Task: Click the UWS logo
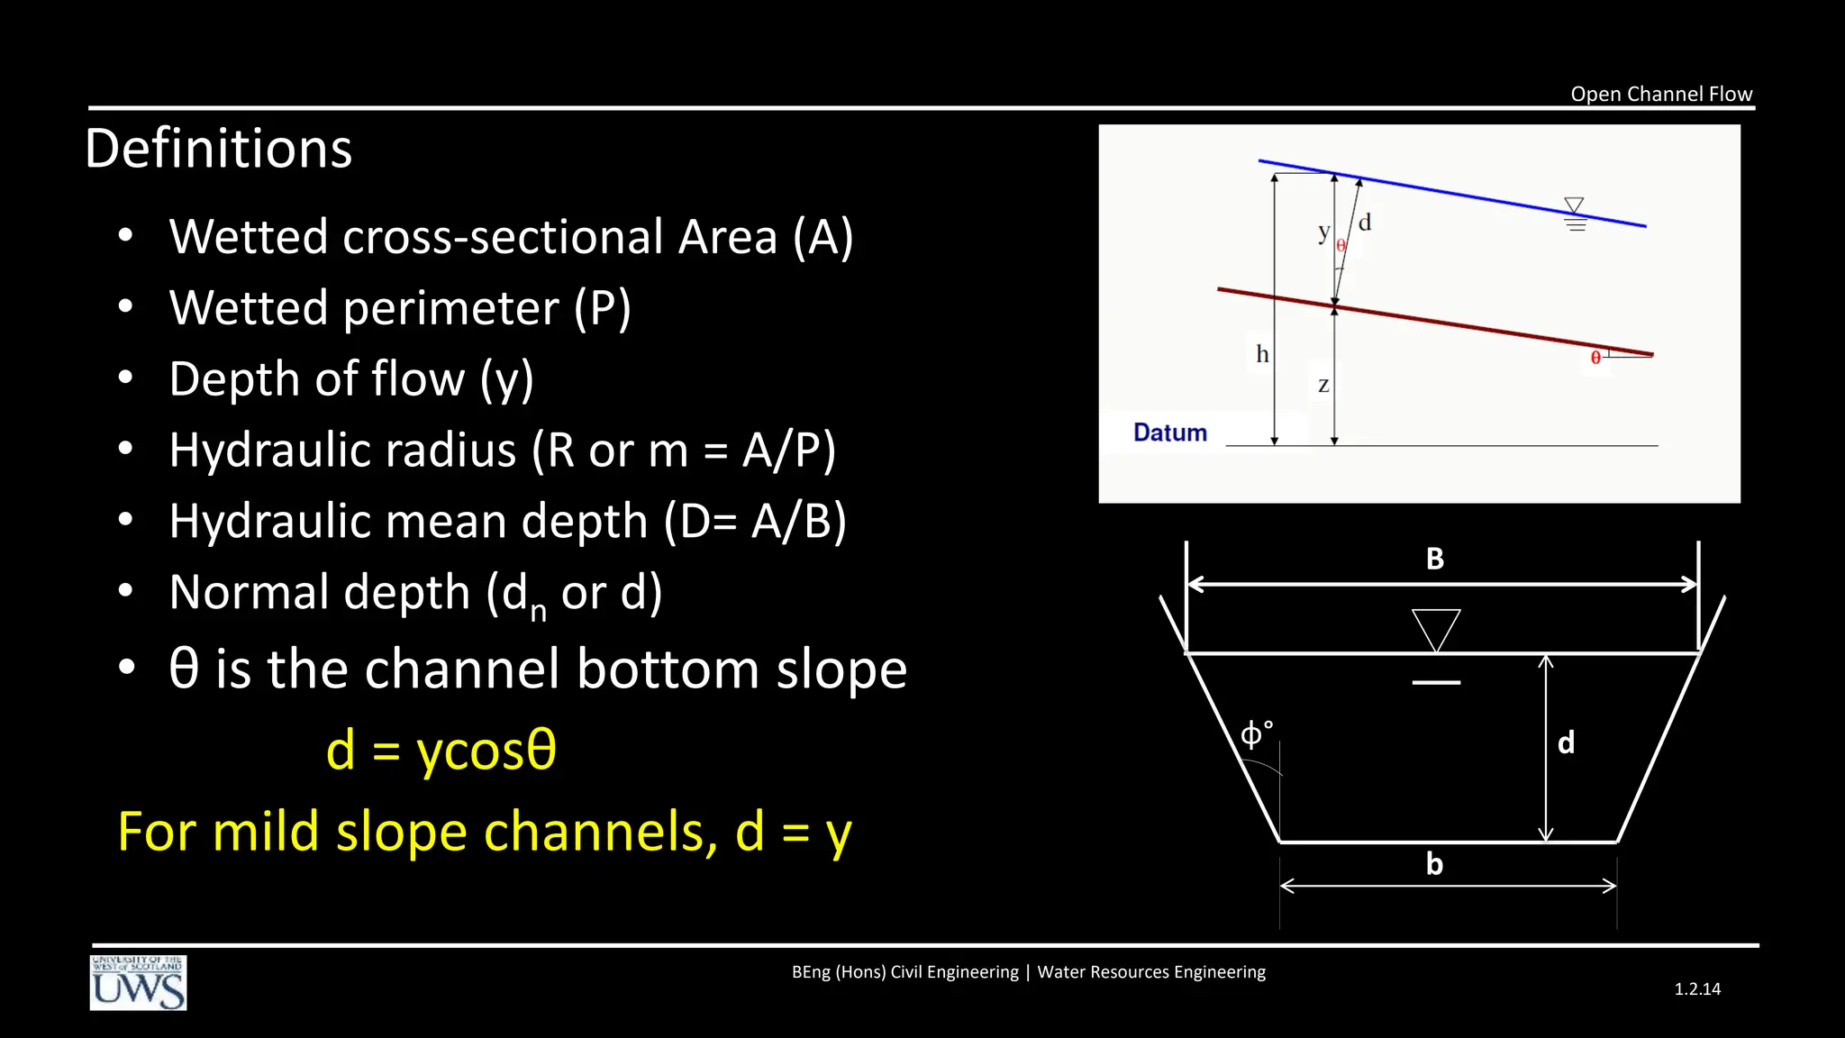point(138,983)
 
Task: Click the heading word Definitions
point(218,149)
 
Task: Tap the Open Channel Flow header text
point(1660,94)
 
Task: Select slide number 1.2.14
point(1696,988)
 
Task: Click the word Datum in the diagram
point(1169,432)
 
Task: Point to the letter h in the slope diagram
point(1262,354)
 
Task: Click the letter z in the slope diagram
point(1322,386)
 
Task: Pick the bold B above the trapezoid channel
point(1434,560)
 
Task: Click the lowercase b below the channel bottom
point(1434,864)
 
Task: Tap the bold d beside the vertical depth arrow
point(1566,742)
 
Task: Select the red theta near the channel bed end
point(1595,359)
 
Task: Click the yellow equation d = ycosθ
point(441,751)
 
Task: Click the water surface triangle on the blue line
point(1573,206)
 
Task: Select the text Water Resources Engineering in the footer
point(1150,972)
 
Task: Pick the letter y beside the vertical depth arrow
point(1322,232)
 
